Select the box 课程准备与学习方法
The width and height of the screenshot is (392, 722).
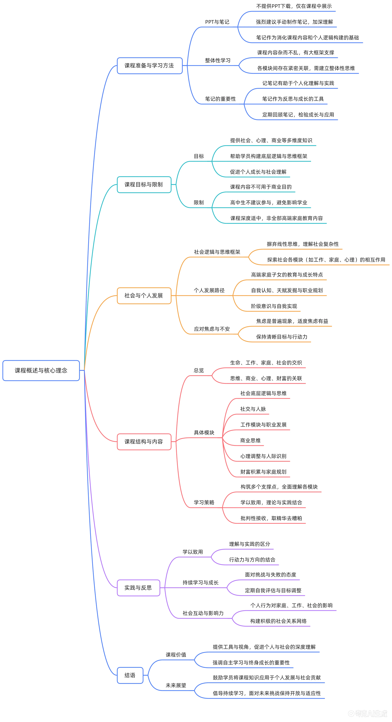[149, 66]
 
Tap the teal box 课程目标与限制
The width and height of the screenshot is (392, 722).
[144, 184]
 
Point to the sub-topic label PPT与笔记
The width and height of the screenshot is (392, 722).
[217, 22]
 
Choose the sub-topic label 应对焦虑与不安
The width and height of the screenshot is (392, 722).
[212, 329]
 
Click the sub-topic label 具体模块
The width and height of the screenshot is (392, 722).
[204, 432]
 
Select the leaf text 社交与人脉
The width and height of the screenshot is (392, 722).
[253, 409]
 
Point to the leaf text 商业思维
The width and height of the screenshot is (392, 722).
[251, 440]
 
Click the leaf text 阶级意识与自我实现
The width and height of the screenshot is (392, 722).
[274, 306]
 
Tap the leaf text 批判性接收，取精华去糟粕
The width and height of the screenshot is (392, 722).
[271, 518]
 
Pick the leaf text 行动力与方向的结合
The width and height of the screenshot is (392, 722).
[252, 560]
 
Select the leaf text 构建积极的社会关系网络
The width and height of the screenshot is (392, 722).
[278, 621]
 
